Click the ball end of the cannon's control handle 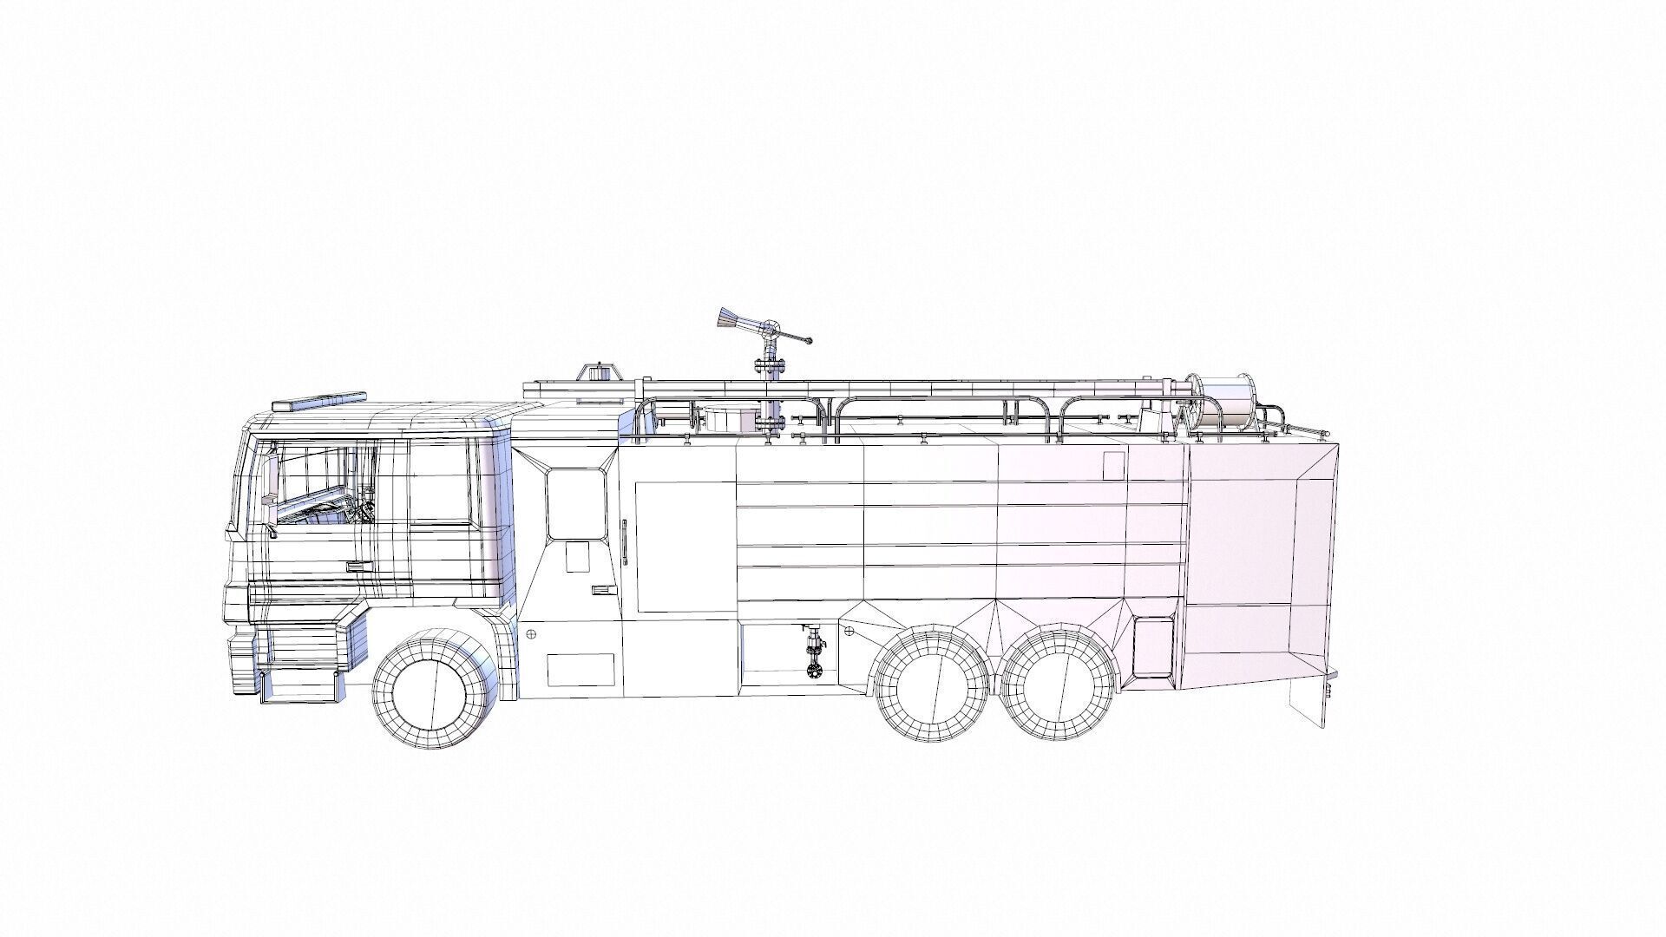[809, 341]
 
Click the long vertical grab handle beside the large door [623, 543]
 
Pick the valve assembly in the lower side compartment [814, 651]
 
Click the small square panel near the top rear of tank [1113, 463]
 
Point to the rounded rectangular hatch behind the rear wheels [1152, 647]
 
